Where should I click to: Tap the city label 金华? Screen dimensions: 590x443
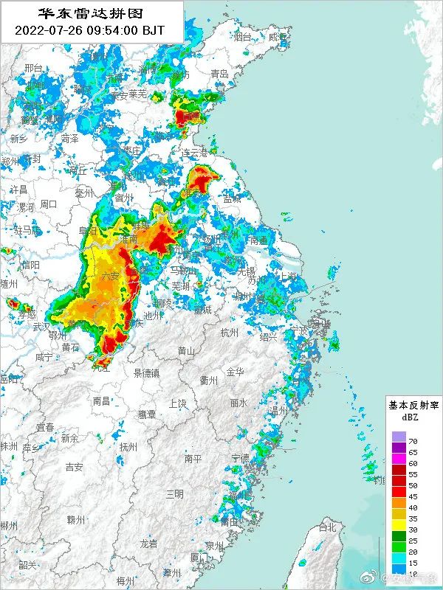tap(235, 372)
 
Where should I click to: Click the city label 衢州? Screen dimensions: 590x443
tap(209, 381)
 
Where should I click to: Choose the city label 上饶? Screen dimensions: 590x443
tap(177, 403)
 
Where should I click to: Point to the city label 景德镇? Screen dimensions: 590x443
tap(146, 372)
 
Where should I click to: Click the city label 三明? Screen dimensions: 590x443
tap(175, 493)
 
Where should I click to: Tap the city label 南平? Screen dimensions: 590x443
tap(193, 459)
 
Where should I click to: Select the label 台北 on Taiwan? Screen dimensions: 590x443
tap(326, 528)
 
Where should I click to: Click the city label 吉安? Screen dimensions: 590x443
tap(74, 467)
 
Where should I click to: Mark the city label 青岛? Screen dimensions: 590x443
tap(219, 74)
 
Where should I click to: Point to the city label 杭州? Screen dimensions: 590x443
tap(230, 333)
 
